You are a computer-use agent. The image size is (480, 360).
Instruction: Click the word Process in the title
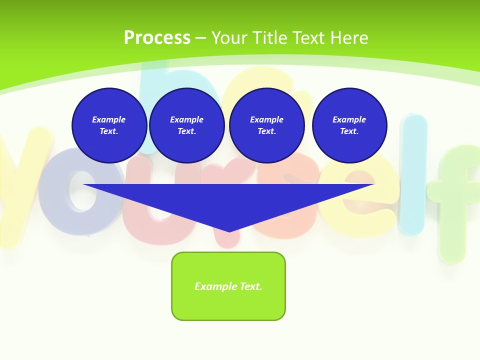click(x=157, y=37)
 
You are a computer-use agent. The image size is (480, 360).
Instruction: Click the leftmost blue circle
click(x=109, y=125)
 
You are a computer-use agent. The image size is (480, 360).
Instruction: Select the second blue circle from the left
click(x=186, y=125)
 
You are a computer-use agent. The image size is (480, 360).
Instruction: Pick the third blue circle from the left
click(x=266, y=125)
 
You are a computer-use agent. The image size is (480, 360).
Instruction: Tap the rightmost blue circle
click(x=349, y=125)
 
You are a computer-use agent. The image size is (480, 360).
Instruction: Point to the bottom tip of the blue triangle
click(x=229, y=231)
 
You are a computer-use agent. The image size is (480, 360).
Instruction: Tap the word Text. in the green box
click(x=250, y=286)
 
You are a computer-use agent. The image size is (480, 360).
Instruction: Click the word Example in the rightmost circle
click(x=349, y=119)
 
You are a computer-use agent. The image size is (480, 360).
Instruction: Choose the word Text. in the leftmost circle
click(x=109, y=131)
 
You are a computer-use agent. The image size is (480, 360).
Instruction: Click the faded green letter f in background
click(x=455, y=200)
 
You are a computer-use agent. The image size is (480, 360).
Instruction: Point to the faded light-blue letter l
click(x=413, y=175)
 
